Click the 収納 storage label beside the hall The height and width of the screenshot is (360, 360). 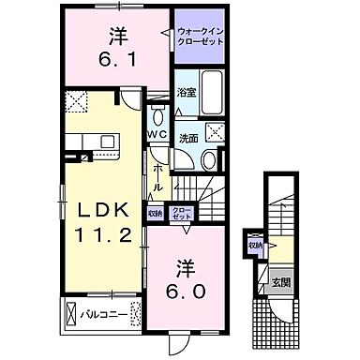(155, 214)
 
